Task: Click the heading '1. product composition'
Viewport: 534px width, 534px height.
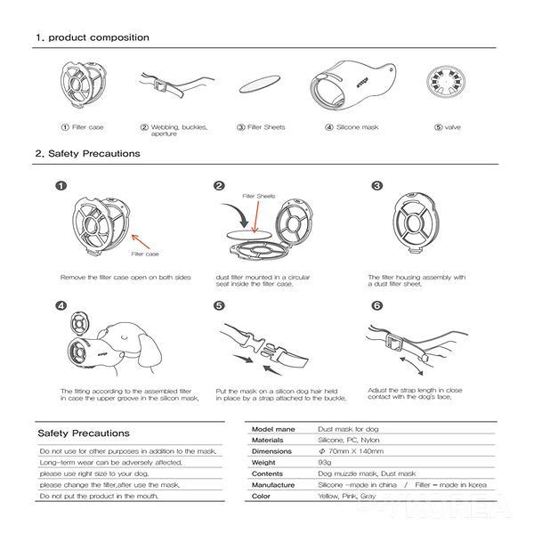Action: [x=93, y=38]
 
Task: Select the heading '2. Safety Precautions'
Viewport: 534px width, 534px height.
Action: [x=87, y=153]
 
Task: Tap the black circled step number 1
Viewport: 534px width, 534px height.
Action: [x=61, y=186]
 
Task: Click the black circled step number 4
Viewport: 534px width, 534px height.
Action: [x=61, y=306]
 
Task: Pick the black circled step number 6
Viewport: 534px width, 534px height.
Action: [x=376, y=306]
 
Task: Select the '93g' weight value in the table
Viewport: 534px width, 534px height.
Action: [x=325, y=462]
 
